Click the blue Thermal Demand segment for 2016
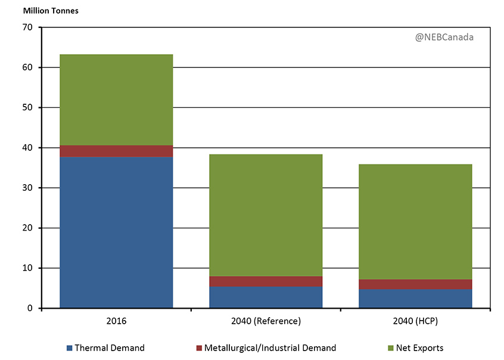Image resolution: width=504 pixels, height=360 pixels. [116, 232]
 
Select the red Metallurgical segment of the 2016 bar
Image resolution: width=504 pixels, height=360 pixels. [116, 151]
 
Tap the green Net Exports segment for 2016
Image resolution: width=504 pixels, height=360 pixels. [116, 100]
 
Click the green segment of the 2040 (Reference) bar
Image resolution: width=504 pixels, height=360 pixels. [266, 215]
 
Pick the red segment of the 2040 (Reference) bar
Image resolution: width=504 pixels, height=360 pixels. [266, 281]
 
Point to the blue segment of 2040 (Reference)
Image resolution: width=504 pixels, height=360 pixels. [266, 297]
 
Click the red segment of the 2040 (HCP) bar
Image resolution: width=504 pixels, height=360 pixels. [415, 284]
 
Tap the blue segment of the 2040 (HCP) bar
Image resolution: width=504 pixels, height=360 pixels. [415, 299]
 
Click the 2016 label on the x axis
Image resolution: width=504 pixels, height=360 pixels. [116, 321]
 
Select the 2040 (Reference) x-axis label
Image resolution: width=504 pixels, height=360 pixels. [266, 321]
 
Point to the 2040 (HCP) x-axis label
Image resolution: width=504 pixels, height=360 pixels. [415, 321]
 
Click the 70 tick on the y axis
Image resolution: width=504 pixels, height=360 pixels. [27, 27]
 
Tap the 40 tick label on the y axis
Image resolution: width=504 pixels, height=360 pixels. [27, 148]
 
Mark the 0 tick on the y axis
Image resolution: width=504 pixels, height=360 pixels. [30, 308]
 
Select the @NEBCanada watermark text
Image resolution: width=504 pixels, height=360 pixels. [444, 37]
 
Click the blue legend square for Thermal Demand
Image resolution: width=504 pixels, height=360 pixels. [70, 348]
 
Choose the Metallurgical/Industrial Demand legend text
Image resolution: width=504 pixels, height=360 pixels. [270, 348]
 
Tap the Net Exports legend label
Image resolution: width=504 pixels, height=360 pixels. [418, 348]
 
